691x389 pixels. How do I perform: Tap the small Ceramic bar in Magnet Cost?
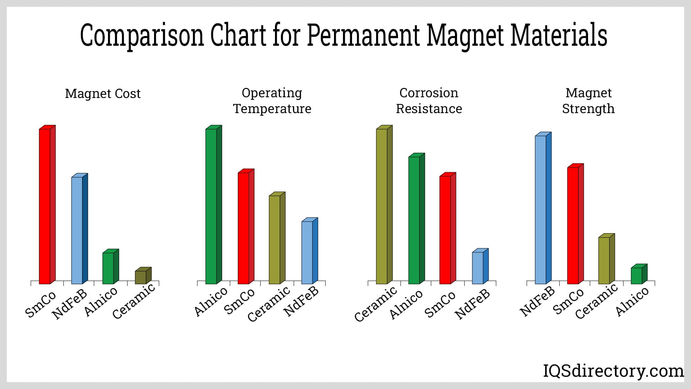pyautogui.click(x=141, y=277)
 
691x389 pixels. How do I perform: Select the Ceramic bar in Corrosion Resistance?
pyautogui.click(x=382, y=205)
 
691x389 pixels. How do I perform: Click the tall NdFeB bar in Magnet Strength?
pyautogui.click(x=541, y=209)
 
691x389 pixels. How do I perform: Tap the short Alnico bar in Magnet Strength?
pyautogui.click(x=637, y=275)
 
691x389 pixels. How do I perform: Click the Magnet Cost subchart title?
pyautogui.click(x=103, y=94)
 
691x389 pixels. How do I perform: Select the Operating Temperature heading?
pyautogui.click(x=272, y=101)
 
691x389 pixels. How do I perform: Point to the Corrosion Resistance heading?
pyautogui.click(x=429, y=101)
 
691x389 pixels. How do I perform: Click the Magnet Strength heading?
pyautogui.click(x=588, y=101)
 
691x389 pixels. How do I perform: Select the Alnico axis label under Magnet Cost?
pyautogui.click(x=101, y=302)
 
